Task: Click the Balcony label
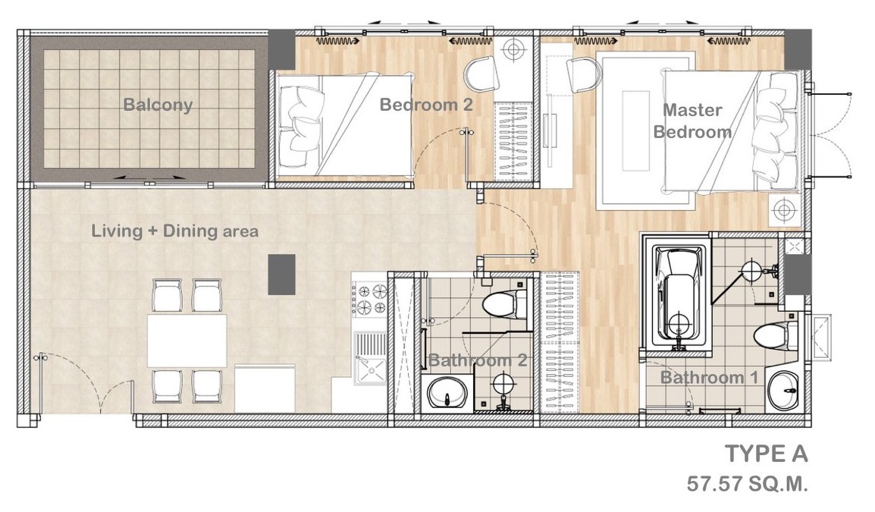point(158,105)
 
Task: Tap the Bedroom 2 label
point(426,105)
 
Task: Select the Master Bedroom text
point(692,121)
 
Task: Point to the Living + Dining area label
point(174,231)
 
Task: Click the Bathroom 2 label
point(478,360)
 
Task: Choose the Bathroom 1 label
point(709,378)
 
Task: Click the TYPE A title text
point(766,454)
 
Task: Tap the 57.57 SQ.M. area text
point(747,483)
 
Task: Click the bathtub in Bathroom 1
point(677,294)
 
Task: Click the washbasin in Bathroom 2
point(447,393)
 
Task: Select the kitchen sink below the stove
point(370,359)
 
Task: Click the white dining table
point(187,341)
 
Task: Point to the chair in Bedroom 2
point(481,73)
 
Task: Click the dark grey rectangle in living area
point(282,274)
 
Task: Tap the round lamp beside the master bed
point(785,211)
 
